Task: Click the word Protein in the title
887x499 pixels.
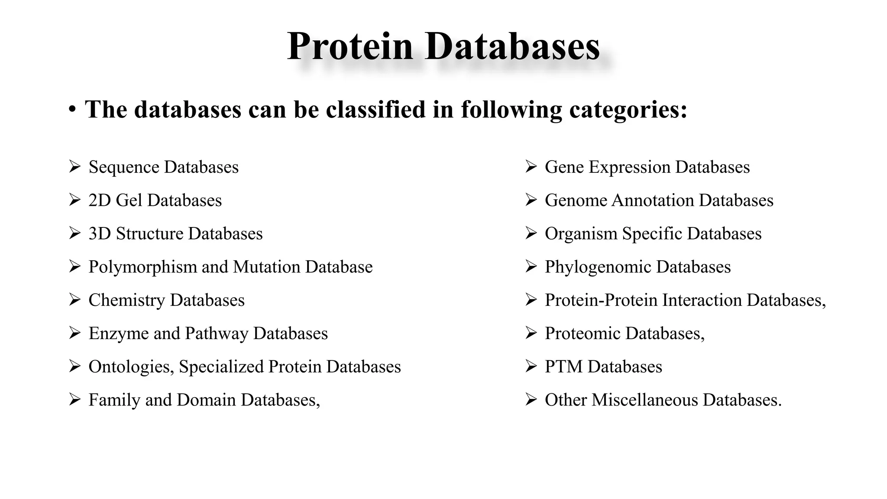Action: click(x=350, y=46)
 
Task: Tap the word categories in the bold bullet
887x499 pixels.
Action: click(x=628, y=110)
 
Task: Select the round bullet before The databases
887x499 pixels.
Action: click(x=72, y=110)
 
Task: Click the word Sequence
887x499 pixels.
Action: click(x=124, y=167)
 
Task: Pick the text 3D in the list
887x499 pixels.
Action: click(x=100, y=234)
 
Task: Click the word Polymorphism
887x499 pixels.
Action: click(x=142, y=267)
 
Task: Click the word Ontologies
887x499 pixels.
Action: click(x=131, y=367)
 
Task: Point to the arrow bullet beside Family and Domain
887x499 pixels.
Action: click(x=75, y=399)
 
